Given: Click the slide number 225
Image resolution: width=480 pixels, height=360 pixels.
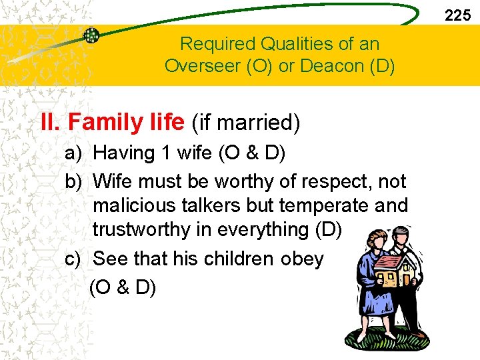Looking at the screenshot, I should tap(457, 15).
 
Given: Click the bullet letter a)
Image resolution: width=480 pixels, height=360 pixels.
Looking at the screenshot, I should tap(73, 153).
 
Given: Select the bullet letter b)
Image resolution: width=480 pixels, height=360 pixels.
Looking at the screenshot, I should tap(73, 181).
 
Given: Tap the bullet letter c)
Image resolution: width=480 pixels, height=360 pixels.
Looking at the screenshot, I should tap(73, 259).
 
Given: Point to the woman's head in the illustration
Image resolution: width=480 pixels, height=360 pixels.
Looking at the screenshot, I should tap(373, 237).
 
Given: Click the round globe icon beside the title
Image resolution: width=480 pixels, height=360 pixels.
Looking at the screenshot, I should tap(91, 35).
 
